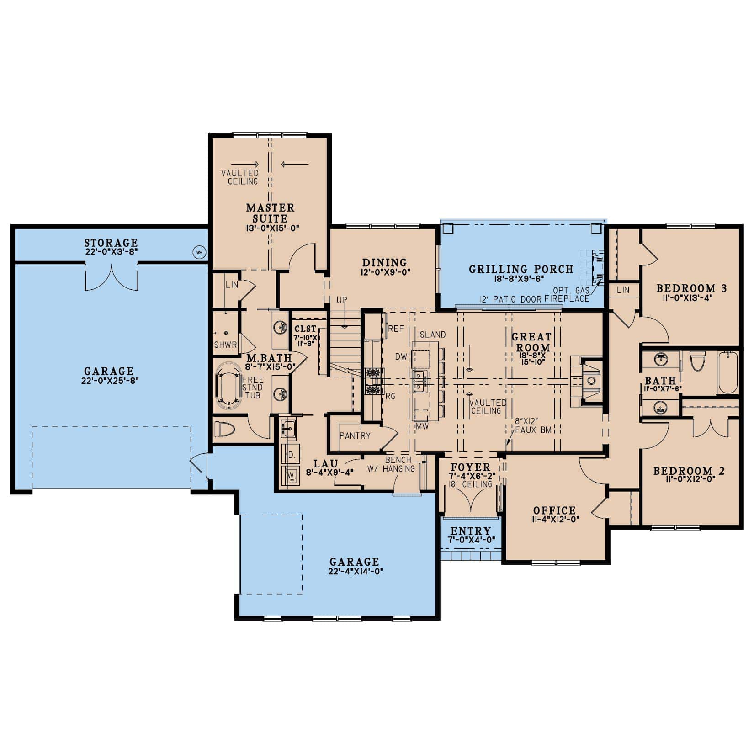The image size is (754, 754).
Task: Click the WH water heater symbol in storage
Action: (199, 252)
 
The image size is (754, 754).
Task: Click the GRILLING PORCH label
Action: (521, 269)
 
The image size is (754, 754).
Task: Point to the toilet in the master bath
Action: (225, 429)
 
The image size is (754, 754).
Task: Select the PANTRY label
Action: (355, 435)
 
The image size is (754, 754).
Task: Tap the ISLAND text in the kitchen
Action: (431, 335)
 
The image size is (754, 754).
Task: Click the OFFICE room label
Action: (554, 510)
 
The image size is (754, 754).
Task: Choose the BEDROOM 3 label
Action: (691, 288)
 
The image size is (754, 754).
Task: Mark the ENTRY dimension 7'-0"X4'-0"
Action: (470, 540)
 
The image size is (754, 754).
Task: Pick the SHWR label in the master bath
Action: (225, 345)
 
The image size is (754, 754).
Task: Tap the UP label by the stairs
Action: (342, 300)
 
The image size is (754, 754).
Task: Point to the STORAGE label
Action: (111, 243)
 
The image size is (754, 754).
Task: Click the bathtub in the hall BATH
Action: (727, 372)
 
